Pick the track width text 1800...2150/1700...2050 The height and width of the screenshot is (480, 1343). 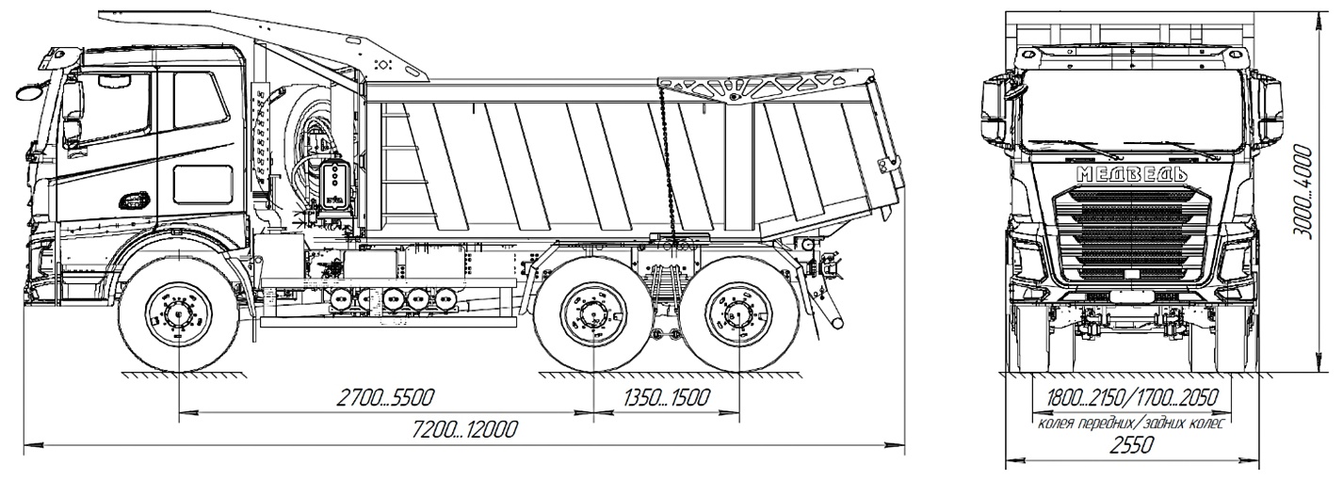[x=1129, y=399]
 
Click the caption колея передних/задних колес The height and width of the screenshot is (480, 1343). [x=1129, y=424]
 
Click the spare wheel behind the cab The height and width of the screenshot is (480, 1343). [x=311, y=155]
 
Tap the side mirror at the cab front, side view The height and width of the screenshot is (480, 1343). [x=27, y=92]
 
